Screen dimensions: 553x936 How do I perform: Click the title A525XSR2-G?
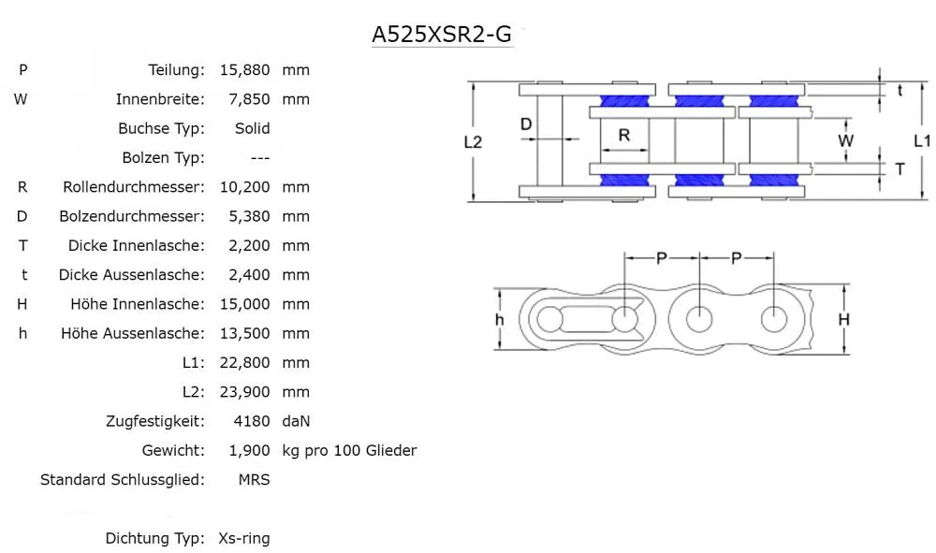click(442, 35)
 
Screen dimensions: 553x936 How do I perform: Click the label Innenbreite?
click(160, 99)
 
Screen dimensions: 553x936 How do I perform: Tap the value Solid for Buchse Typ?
click(252, 128)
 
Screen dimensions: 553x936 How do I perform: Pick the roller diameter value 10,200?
click(244, 187)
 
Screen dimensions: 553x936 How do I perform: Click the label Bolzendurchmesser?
click(131, 216)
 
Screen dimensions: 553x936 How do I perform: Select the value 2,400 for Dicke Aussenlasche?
click(249, 275)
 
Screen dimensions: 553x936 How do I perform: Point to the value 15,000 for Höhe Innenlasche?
click(244, 304)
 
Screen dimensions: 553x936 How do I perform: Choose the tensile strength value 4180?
click(252, 421)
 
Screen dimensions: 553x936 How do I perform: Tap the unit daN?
click(296, 421)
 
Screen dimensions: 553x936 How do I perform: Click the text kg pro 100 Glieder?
click(349, 451)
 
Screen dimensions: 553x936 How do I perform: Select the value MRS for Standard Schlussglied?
click(254, 480)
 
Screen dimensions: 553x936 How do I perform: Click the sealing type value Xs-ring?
click(243, 539)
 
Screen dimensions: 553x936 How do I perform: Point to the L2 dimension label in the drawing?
click(473, 142)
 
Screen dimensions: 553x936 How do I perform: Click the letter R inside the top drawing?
click(624, 135)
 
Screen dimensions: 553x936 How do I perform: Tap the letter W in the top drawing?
click(845, 142)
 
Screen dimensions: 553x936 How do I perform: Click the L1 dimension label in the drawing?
click(921, 141)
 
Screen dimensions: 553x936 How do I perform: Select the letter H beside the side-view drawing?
click(843, 320)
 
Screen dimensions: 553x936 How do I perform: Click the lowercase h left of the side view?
click(500, 320)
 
